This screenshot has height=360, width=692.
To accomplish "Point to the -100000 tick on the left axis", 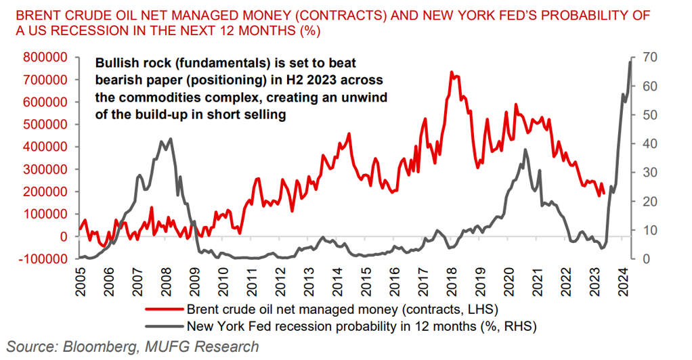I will tap(48, 258).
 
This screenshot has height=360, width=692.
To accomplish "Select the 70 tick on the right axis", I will tap(648, 58).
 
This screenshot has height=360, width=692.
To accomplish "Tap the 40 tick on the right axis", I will tap(648, 143).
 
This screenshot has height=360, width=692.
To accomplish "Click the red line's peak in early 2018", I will tap(451, 72).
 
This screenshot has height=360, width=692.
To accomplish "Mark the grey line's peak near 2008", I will tap(170, 139).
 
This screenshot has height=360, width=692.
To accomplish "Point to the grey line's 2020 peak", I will tap(525, 150).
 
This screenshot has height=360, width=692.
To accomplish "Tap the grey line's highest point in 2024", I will tap(630, 61).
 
